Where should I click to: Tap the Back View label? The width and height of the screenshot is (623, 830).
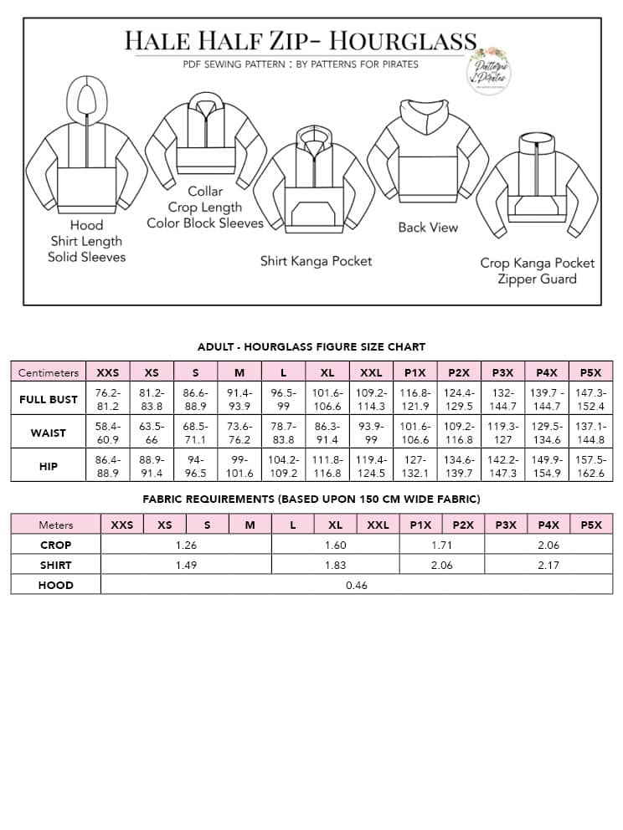tap(428, 227)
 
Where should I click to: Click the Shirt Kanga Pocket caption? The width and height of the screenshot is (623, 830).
tap(316, 261)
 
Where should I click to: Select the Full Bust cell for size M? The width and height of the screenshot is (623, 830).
tap(239, 399)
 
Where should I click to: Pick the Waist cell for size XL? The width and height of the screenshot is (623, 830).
tap(327, 433)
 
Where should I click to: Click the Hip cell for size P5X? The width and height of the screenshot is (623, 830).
tap(590, 466)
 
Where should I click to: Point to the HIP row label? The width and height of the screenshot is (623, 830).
tap(49, 466)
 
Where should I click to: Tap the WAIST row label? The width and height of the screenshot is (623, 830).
tap(49, 433)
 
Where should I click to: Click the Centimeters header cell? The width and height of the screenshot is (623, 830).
tap(49, 372)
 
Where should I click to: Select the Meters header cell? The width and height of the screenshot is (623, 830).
tap(56, 525)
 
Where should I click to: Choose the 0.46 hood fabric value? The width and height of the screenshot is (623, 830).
tap(357, 585)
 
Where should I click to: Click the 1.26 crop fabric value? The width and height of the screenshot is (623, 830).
tap(186, 545)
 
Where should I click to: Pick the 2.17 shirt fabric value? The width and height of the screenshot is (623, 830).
tap(548, 565)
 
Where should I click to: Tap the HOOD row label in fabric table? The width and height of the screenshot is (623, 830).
tap(56, 585)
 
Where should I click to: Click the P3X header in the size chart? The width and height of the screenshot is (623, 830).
tap(503, 372)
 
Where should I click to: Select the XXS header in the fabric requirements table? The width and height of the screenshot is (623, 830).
tap(121, 525)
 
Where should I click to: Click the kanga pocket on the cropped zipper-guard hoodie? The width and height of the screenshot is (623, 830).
tap(536, 206)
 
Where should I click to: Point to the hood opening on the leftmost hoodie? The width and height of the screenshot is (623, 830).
tap(86, 98)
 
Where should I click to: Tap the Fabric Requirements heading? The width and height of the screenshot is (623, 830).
tap(311, 499)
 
